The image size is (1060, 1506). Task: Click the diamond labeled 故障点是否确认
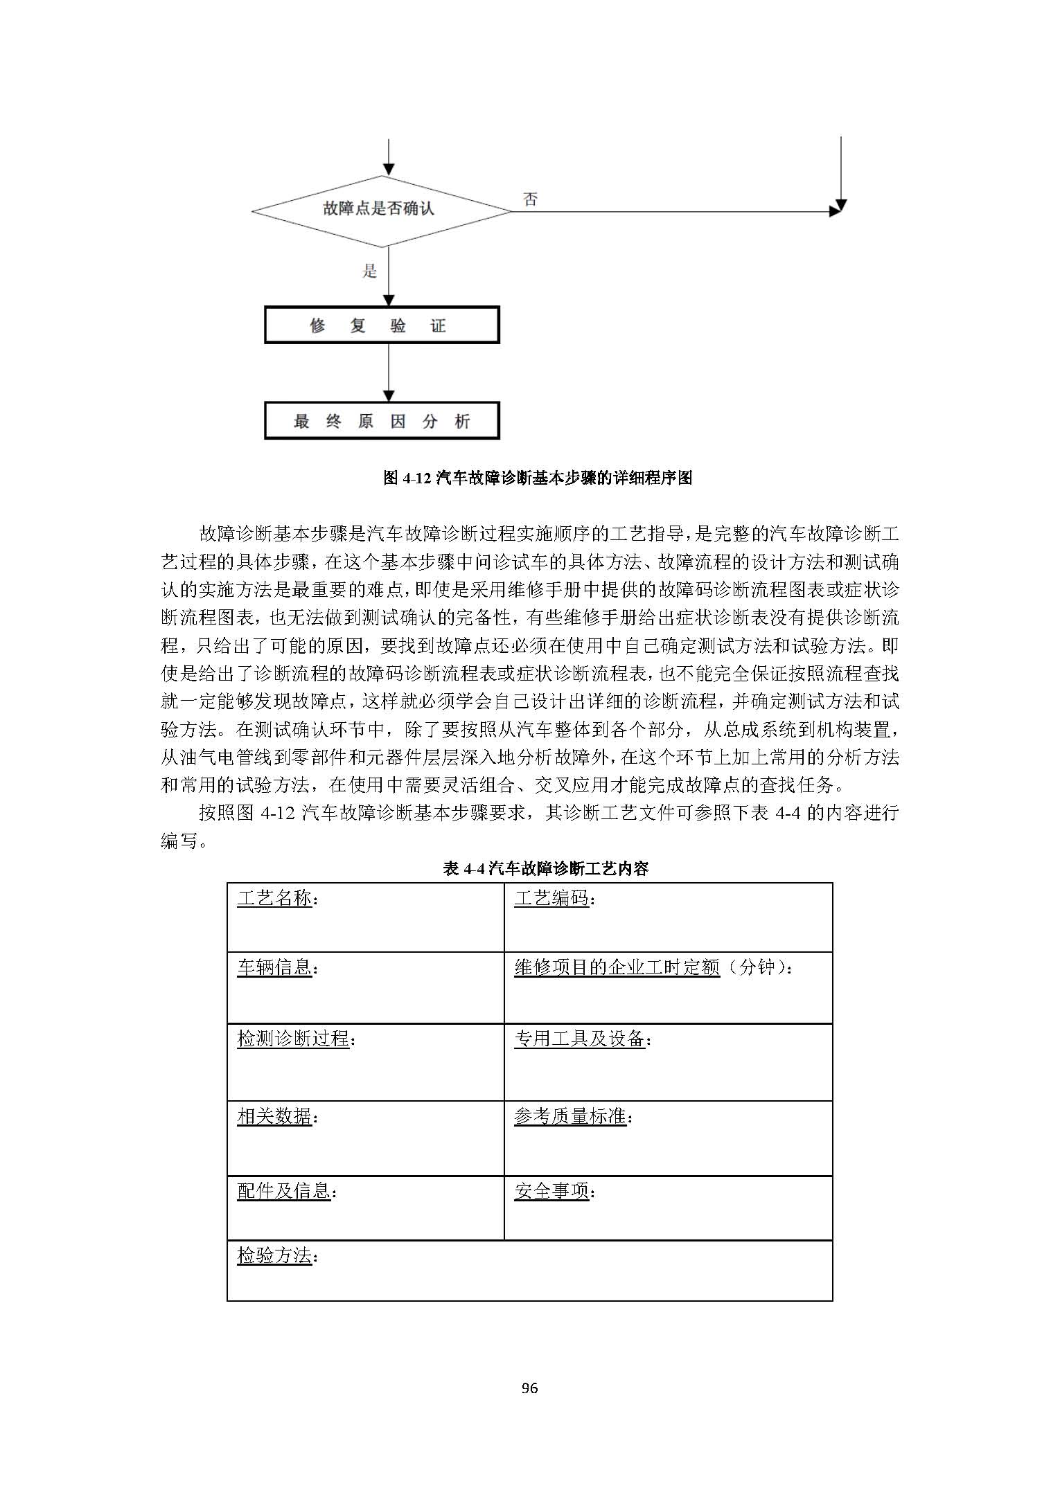(380, 210)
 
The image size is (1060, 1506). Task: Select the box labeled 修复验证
(382, 326)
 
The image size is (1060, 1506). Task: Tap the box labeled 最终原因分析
(382, 421)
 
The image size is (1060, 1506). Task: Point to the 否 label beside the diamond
(530, 200)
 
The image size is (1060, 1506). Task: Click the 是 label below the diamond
(370, 271)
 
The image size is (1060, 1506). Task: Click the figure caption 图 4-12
(538, 478)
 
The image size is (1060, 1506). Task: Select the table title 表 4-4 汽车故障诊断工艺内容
(546, 868)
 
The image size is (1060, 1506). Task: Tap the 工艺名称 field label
(274, 899)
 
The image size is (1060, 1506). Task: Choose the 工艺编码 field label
(551, 899)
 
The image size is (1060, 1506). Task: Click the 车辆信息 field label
(274, 967)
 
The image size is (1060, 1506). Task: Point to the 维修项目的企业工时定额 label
(617, 967)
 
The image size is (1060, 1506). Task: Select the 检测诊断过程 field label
(293, 1039)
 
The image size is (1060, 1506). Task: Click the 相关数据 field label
(274, 1116)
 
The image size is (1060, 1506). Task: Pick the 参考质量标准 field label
(570, 1116)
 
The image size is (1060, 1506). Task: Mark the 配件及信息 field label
(283, 1191)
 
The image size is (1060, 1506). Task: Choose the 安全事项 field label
(551, 1191)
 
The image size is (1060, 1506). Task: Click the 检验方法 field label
(274, 1255)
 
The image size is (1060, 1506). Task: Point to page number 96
(529, 1388)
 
